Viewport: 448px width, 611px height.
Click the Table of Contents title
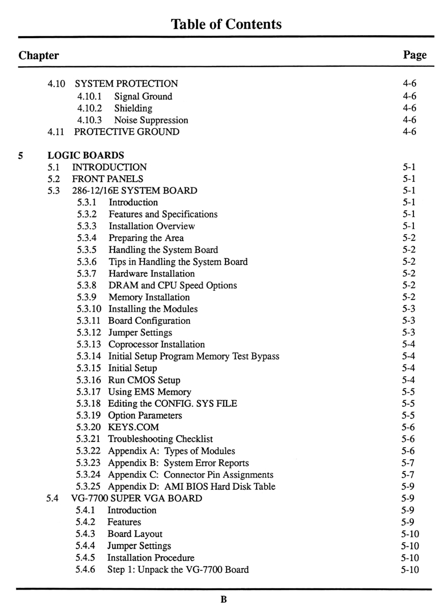click(226, 24)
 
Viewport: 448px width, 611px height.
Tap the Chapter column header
click(39, 55)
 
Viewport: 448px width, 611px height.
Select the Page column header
click(414, 55)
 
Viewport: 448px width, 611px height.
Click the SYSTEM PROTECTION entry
click(126, 84)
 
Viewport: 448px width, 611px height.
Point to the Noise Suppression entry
click(151, 120)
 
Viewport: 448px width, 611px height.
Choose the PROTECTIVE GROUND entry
click(126, 132)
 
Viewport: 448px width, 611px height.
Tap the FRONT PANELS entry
click(107, 179)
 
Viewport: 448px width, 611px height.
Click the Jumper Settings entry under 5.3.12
click(140, 332)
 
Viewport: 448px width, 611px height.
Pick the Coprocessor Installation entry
click(156, 344)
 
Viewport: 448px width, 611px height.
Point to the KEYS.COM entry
click(133, 427)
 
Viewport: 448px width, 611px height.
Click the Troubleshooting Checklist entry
click(160, 439)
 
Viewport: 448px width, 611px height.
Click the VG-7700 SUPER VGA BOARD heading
click(137, 498)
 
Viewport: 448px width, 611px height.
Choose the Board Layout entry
click(135, 534)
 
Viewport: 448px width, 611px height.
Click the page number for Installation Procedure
click(410, 558)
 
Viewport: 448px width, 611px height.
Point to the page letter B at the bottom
click(223, 599)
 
